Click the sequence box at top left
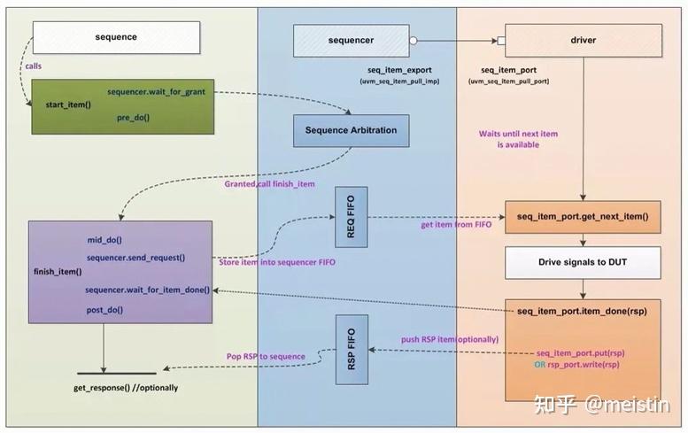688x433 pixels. click(x=116, y=37)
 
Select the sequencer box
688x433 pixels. click(x=351, y=40)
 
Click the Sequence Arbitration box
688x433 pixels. click(x=351, y=130)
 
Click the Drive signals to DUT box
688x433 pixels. click(x=582, y=262)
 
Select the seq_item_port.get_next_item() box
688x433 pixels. click(x=582, y=216)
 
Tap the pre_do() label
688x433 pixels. click(x=133, y=117)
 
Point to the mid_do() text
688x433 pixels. click(x=104, y=239)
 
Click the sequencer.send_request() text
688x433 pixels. click(x=135, y=257)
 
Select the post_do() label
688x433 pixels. click(x=104, y=310)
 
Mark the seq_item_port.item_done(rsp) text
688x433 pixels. click(x=582, y=311)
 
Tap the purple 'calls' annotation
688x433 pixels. click(x=33, y=65)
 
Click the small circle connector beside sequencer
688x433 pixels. click(x=413, y=40)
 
